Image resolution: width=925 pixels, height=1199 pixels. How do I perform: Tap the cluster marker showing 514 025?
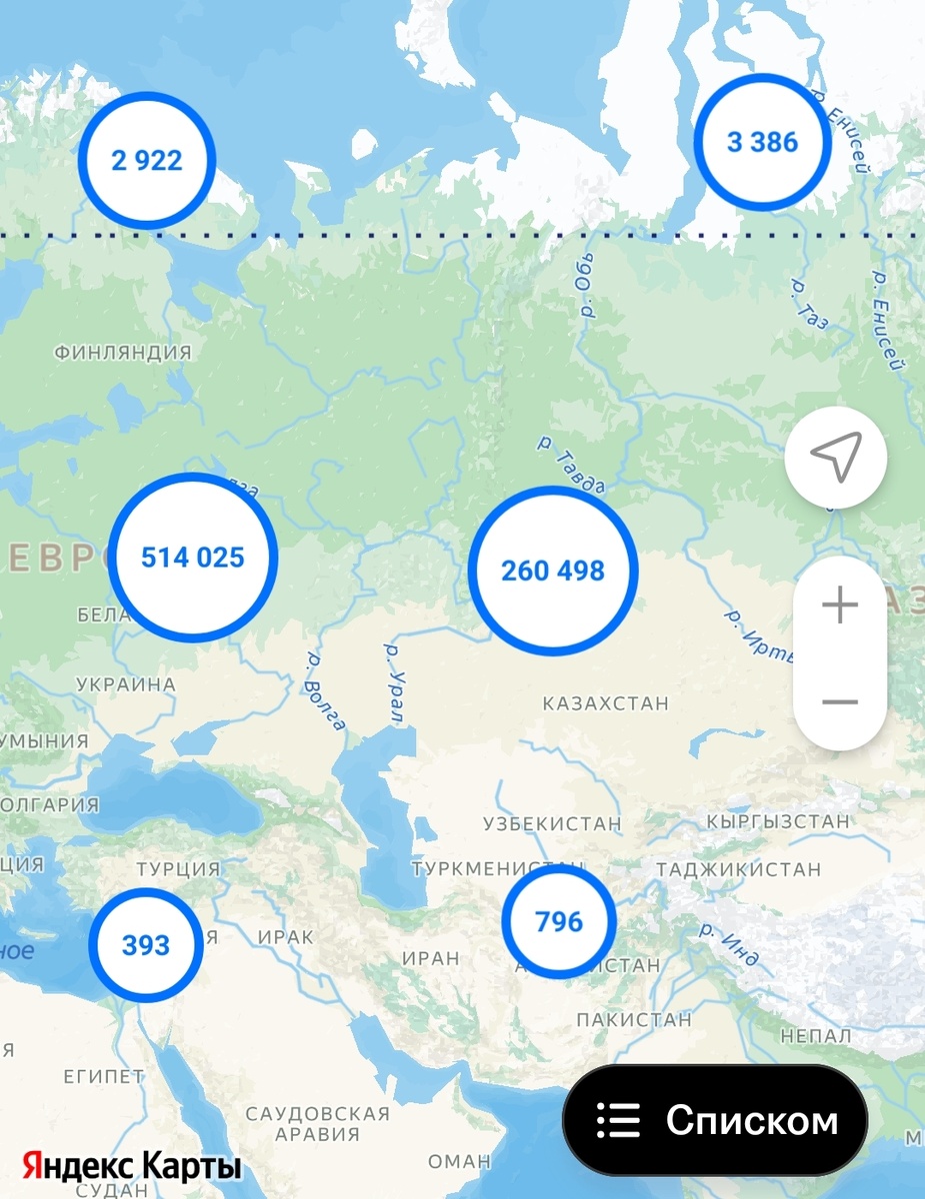(192, 558)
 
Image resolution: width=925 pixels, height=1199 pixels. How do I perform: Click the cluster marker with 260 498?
(553, 571)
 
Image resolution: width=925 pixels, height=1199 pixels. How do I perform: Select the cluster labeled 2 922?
(147, 160)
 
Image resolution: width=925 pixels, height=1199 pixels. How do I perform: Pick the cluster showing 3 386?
(763, 142)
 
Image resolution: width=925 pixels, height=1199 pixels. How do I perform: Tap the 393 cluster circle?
(146, 944)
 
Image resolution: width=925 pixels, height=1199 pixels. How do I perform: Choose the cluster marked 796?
(558, 921)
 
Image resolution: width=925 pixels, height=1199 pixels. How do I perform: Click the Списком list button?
(715, 1120)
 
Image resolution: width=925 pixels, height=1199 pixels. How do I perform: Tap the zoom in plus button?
(840, 605)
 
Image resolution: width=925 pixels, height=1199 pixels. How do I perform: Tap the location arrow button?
(836, 458)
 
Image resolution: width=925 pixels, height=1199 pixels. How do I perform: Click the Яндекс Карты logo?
(132, 1166)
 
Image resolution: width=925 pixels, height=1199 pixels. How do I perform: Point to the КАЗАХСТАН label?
(606, 703)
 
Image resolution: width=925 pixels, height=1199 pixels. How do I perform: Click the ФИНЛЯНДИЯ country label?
(123, 353)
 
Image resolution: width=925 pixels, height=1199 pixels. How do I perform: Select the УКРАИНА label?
(126, 685)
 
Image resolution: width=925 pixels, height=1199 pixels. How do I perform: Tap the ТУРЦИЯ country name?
(178, 868)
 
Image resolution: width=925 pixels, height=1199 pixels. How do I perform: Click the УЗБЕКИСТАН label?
(552, 824)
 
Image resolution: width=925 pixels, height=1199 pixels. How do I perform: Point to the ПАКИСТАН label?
(634, 1020)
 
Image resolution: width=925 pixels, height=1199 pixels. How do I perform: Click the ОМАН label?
(459, 1162)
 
